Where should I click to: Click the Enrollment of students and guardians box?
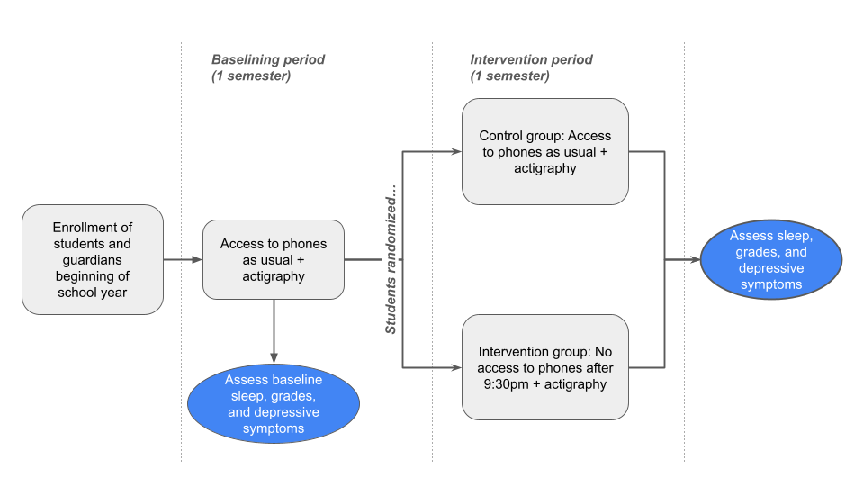point(93,259)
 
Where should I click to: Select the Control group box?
point(544,151)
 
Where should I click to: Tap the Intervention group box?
point(544,366)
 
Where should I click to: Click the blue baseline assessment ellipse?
point(273,403)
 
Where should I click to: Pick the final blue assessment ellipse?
point(771,259)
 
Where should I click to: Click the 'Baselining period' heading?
point(268,59)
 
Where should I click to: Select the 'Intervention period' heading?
point(531,59)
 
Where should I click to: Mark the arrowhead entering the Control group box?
point(455,151)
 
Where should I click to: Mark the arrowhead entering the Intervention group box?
point(455,366)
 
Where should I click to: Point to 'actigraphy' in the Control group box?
point(544,168)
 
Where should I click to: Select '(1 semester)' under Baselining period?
point(251,76)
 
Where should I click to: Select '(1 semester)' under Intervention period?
point(509,76)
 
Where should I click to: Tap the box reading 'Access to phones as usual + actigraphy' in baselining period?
point(273,259)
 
